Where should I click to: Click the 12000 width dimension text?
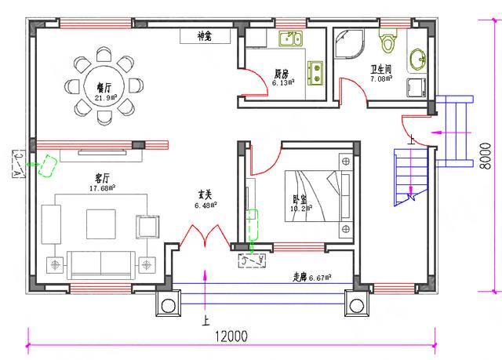click(231, 336)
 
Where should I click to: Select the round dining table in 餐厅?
click(105, 85)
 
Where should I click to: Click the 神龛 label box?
click(205, 36)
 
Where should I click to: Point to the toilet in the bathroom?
click(388, 38)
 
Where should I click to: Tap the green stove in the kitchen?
click(318, 72)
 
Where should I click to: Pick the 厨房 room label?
click(281, 74)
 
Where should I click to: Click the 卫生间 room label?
click(382, 68)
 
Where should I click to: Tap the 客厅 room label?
click(103, 179)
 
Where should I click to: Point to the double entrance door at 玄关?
click(204, 235)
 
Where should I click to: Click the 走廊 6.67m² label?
click(311, 276)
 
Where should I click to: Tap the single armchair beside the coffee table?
click(147, 226)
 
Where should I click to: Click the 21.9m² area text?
click(105, 98)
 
